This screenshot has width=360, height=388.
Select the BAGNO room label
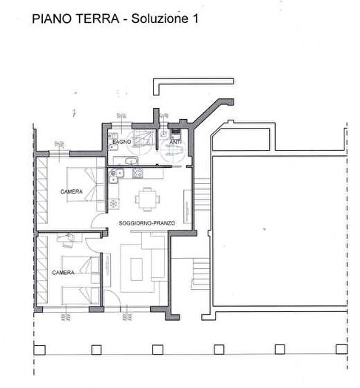pyautogui.click(x=122, y=140)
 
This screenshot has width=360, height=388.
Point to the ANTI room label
pyautogui.click(x=175, y=141)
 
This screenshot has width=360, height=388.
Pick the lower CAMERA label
pyautogui.click(x=64, y=273)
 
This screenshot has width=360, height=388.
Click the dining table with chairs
pyautogui.click(x=146, y=197)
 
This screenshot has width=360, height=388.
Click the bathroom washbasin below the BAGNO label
pyautogui.click(x=130, y=160)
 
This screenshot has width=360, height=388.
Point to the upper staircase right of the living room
pyautogui.click(x=202, y=194)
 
